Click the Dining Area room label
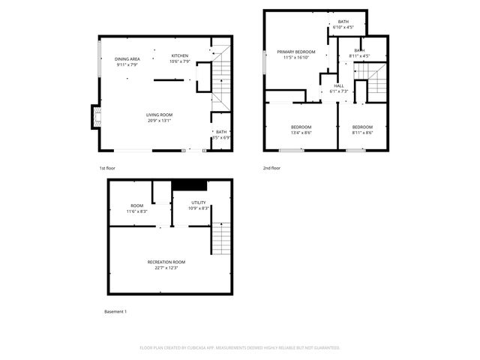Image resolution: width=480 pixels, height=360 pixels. pyautogui.click(x=127, y=58)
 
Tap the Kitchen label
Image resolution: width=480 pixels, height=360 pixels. pyautogui.click(x=180, y=55)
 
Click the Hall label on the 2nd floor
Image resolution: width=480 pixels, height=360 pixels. pyautogui.click(x=338, y=86)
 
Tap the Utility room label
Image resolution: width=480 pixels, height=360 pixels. pyautogui.click(x=198, y=202)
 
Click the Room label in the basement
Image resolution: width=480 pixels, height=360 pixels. pyautogui.click(x=137, y=206)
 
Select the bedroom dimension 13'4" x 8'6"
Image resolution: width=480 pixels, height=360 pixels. pyautogui.click(x=301, y=133)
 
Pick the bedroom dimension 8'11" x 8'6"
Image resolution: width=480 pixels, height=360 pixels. pyautogui.click(x=362, y=133)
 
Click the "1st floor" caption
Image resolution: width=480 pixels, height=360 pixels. pyautogui.click(x=107, y=168)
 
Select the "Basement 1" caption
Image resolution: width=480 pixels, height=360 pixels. pyautogui.click(x=115, y=311)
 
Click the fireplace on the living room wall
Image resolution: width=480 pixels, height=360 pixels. pyautogui.click(x=95, y=115)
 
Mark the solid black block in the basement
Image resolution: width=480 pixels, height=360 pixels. pyautogui.click(x=189, y=185)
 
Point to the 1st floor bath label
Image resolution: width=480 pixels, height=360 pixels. pyautogui.click(x=220, y=133)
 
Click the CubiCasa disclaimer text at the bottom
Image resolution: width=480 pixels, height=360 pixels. pyautogui.click(x=240, y=348)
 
